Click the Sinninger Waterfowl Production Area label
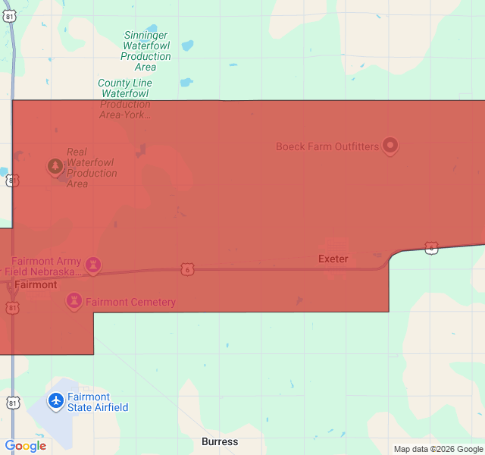(x=146, y=51)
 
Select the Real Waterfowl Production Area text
(x=92, y=168)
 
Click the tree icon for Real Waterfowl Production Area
(x=55, y=165)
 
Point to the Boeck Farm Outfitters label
(x=327, y=146)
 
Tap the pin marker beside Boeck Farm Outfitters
(x=390, y=145)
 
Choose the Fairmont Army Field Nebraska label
(x=42, y=266)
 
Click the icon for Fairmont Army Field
(x=93, y=265)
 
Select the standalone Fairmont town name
(x=36, y=285)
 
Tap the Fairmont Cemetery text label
(x=130, y=302)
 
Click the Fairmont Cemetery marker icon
(x=74, y=301)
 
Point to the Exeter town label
(x=333, y=259)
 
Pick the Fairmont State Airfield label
(x=98, y=402)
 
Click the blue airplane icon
(x=56, y=400)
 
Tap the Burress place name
(x=220, y=441)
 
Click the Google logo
(x=26, y=446)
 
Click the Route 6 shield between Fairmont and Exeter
(x=187, y=269)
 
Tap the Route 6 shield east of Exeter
(x=431, y=249)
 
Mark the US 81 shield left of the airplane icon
(x=13, y=403)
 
